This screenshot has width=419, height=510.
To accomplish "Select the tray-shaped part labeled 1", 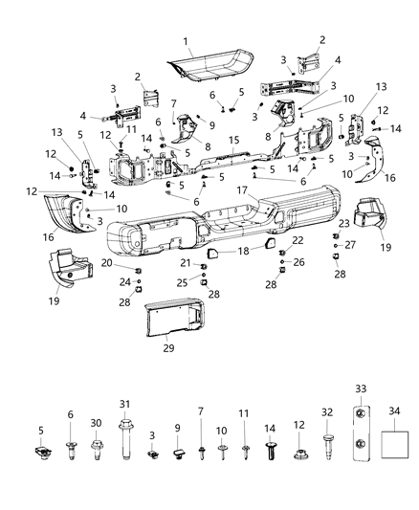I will click(x=209, y=67).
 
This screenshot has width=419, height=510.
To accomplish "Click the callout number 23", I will click(x=342, y=223).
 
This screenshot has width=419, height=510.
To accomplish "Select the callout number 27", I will click(x=348, y=245).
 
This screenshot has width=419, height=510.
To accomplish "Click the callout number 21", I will click(x=182, y=263).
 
